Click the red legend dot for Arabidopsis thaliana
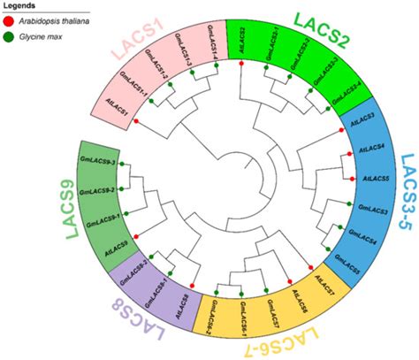pyautogui.click(x=9, y=24)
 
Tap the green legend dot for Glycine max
pyautogui.click(x=9, y=37)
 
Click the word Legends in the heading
pyautogui.click(x=21, y=8)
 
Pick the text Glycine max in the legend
pyautogui.click(x=39, y=37)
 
